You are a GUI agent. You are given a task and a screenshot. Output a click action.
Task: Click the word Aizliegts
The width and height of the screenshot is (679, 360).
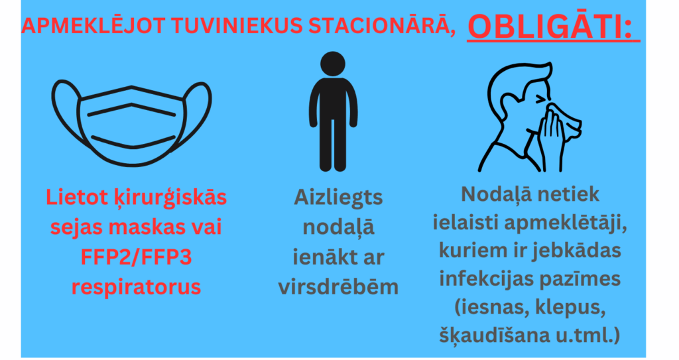pyautogui.click(x=338, y=198)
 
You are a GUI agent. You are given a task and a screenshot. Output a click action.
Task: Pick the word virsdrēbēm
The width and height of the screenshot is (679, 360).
pyautogui.click(x=338, y=286)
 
